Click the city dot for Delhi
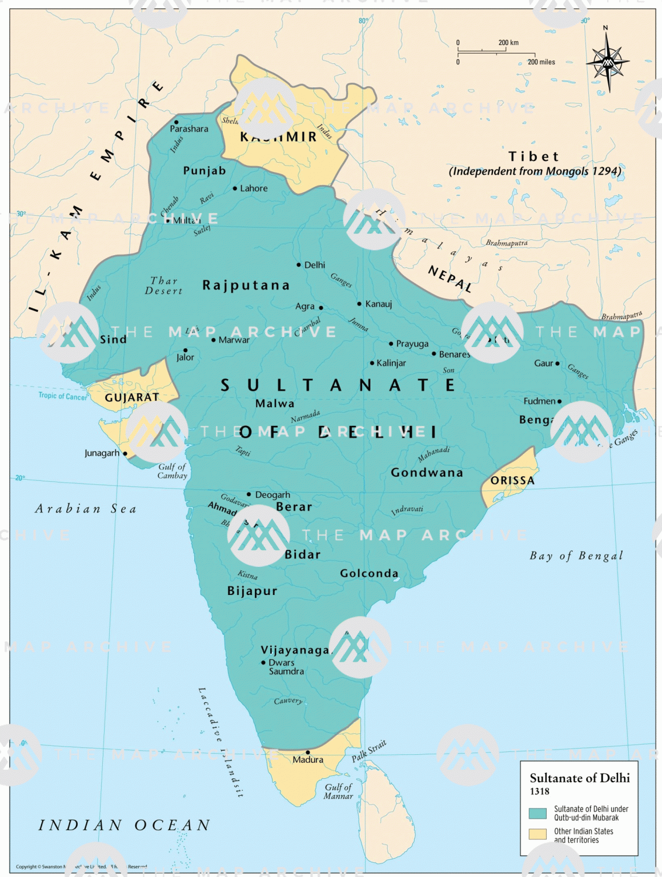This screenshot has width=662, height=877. pyautogui.click(x=299, y=265)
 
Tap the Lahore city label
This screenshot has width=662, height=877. pyautogui.click(x=254, y=188)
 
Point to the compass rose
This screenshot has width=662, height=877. pyautogui.click(x=608, y=61)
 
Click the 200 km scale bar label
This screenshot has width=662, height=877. pyautogui.click(x=508, y=43)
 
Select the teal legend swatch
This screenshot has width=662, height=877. pyautogui.click(x=537, y=813)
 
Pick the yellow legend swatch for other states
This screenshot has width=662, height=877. pyautogui.click(x=537, y=835)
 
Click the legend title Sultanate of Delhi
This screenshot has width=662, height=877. pyautogui.click(x=579, y=778)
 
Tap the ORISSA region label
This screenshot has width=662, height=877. pyautogui.click(x=512, y=481)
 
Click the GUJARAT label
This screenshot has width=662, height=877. pyautogui.click(x=132, y=397)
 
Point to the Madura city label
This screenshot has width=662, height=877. pyautogui.click(x=308, y=760)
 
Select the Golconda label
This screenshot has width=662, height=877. pyautogui.click(x=369, y=573)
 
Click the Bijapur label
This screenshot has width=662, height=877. pyautogui.click(x=252, y=591)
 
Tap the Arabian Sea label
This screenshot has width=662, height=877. pyautogui.click(x=86, y=509)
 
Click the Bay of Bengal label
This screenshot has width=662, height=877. pyautogui.click(x=576, y=556)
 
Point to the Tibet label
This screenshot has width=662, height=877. pyautogui.click(x=533, y=156)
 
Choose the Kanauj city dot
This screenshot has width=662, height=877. pyautogui.click(x=359, y=304)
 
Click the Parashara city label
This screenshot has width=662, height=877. pyautogui.click(x=189, y=129)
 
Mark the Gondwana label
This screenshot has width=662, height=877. pyautogui.click(x=427, y=473)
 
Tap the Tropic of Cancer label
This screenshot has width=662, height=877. pyautogui.click(x=63, y=396)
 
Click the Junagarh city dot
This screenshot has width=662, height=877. pyautogui.click(x=125, y=453)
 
